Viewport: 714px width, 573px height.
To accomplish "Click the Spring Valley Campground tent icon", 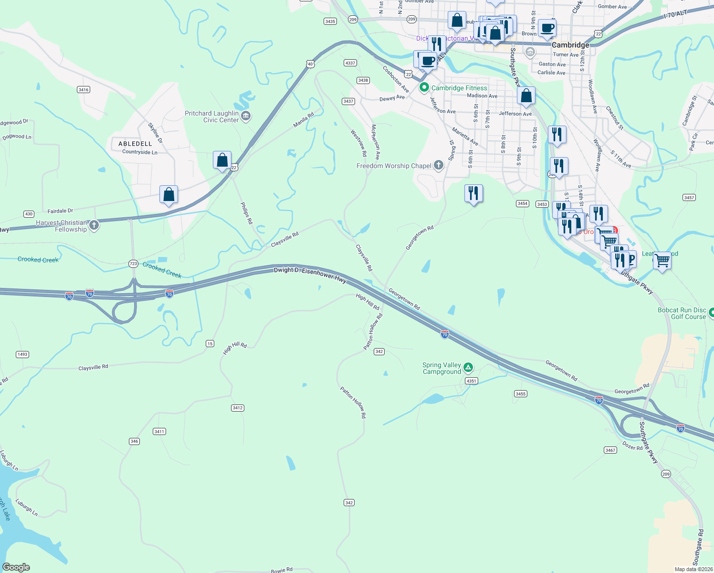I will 468,368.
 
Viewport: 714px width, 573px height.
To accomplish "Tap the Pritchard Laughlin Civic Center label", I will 211,117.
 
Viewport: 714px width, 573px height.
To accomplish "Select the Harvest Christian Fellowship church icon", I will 94,225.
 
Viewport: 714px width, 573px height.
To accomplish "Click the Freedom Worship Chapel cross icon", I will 439,166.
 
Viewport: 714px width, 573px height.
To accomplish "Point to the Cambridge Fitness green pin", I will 423,88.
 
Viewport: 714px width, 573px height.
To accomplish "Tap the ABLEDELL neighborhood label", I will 135,144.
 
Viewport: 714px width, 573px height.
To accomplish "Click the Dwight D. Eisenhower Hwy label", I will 310,275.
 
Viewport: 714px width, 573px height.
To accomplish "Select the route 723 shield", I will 133,264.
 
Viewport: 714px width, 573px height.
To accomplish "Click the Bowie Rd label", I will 282,570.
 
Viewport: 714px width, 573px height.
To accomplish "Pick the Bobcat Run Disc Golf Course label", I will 682,313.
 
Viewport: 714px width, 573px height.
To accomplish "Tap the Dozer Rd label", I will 632,446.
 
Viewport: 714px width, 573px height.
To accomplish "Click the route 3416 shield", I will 84,90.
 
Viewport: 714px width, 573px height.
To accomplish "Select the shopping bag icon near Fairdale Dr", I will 168,195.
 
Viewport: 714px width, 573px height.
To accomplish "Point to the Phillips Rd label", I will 246,213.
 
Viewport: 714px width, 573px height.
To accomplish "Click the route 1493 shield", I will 22,354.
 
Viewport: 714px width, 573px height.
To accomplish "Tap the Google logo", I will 16,567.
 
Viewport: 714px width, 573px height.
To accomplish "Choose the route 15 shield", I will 210,344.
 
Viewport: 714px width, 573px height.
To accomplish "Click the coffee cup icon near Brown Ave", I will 547,29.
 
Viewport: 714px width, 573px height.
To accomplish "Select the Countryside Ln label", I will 140,152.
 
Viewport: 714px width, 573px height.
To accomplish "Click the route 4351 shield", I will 471,381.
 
